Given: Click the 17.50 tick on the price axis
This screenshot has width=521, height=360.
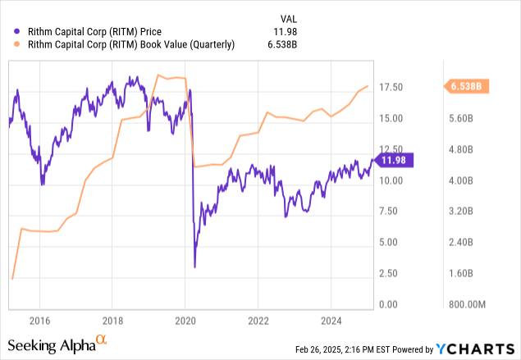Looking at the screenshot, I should (394, 87).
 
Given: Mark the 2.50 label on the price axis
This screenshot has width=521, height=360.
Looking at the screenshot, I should (394, 273).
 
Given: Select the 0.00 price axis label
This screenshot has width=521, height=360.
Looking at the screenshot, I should (394, 304).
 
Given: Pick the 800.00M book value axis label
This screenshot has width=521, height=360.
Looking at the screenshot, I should (468, 304).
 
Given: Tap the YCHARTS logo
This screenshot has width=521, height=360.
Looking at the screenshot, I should (484, 349).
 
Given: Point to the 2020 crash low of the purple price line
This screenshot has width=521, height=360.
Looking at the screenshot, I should (194, 267).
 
